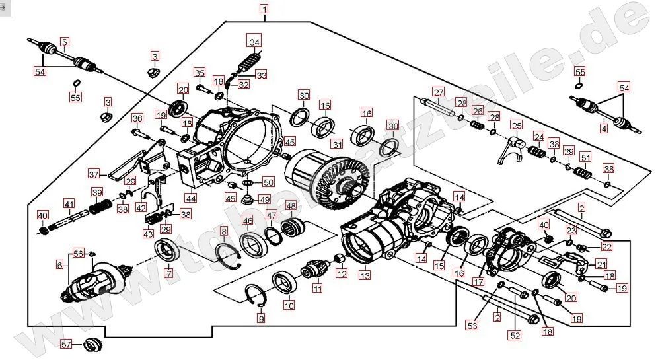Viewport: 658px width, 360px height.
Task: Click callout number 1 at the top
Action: [264, 9]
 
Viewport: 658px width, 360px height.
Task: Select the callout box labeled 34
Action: [254, 42]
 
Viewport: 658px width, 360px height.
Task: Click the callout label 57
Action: [66, 344]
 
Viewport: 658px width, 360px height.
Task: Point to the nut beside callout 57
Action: [92, 344]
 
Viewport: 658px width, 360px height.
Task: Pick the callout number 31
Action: [337, 145]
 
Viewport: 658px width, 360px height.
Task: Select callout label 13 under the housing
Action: [364, 273]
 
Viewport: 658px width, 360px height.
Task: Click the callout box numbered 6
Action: [60, 264]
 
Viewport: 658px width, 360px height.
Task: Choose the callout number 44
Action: [191, 198]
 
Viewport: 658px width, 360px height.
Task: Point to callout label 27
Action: [437, 91]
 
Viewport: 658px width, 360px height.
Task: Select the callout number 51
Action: [585, 158]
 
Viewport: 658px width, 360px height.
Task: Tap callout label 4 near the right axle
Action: [603, 129]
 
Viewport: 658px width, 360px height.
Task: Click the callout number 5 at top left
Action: [64, 42]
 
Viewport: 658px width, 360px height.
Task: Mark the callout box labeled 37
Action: [94, 175]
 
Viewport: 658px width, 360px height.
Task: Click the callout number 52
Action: [515, 335]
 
